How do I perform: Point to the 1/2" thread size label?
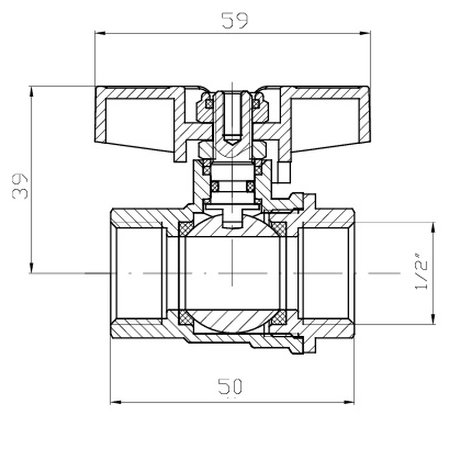[x=421, y=273]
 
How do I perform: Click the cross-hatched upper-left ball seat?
[x=184, y=228]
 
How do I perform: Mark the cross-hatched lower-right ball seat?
[x=279, y=319]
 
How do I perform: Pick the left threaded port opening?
[x=138, y=273]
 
